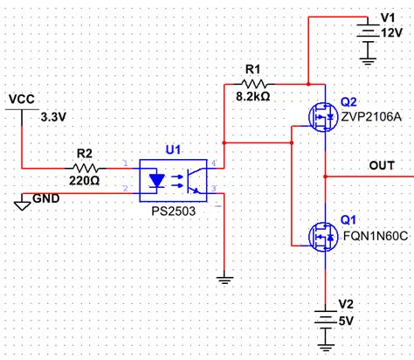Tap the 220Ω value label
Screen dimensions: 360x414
[x=86, y=181]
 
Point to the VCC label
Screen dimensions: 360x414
[x=21, y=100]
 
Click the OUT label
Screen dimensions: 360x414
[x=382, y=165]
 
